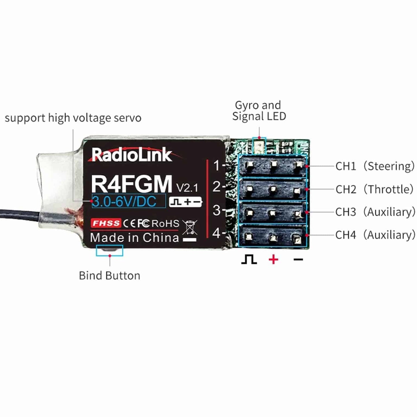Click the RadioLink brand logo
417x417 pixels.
pyautogui.click(x=132, y=155)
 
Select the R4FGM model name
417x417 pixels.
pyautogui.click(x=131, y=184)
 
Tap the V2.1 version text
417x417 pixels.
pyautogui.click(x=187, y=188)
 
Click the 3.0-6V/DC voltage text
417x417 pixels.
pyautogui.click(x=124, y=201)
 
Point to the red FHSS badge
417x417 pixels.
pyautogui.click(x=106, y=223)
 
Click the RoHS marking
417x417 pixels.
pyautogui.click(x=165, y=223)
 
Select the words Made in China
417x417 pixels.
pyautogui.click(x=134, y=238)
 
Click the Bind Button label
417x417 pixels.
pyautogui.click(x=109, y=276)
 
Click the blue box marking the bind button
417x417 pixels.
pyautogui.click(x=109, y=250)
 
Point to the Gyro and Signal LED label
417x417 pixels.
pyautogui.click(x=259, y=111)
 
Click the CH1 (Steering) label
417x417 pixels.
pyautogui.click(x=375, y=166)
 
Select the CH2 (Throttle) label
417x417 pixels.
pyautogui.click(x=374, y=189)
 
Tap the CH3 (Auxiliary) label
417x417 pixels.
pyautogui.click(x=375, y=212)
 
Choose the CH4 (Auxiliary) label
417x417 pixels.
pyautogui.click(x=375, y=235)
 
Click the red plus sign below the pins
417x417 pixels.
pyautogui.click(x=273, y=259)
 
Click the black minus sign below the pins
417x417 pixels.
pyautogui.click(x=298, y=260)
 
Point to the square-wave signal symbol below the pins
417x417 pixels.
pyautogui.click(x=249, y=259)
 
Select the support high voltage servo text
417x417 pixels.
pyautogui.click(x=73, y=118)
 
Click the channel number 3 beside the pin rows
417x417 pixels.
pyautogui.click(x=216, y=210)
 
